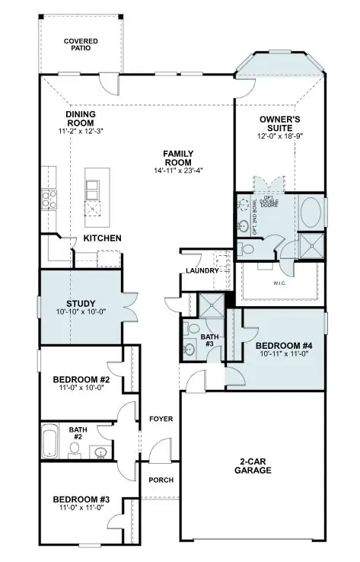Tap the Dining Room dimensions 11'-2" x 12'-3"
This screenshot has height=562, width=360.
(81, 133)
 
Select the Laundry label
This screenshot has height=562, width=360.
(201, 271)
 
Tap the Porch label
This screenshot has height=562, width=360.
(160, 480)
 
